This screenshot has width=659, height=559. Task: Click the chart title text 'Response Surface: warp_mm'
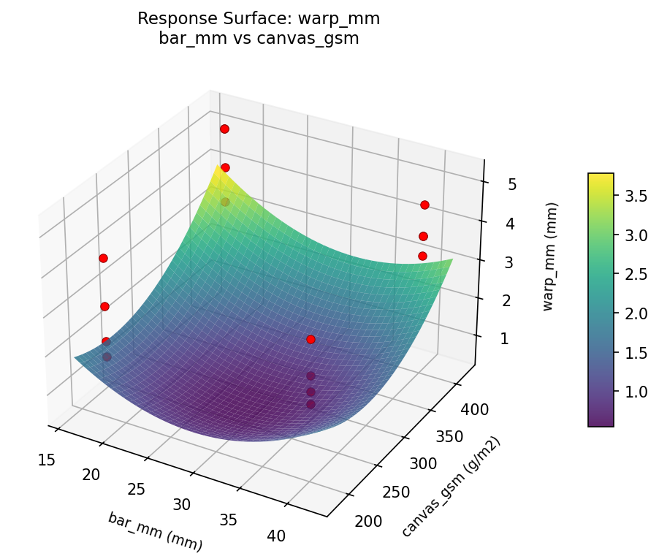(259, 19)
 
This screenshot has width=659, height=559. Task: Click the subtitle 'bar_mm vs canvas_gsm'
(259, 39)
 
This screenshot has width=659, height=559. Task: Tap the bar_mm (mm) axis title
(155, 531)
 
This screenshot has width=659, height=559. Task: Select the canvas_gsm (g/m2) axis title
(451, 487)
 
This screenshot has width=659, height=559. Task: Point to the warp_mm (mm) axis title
(549, 257)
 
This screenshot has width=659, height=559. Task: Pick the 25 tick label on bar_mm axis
(137, 489)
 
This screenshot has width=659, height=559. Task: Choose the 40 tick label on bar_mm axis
(276, 536)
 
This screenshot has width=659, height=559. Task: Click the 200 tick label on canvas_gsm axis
(368, 521)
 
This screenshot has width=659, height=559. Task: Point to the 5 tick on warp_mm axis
(512, 184)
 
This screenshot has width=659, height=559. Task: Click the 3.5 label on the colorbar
(635, 196)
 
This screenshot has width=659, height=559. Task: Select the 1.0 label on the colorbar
(635, 391)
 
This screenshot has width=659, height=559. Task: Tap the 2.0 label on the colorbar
(635, 313)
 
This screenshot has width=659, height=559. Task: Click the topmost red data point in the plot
(224, 129)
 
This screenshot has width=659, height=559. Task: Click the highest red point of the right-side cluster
(424, 205)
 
